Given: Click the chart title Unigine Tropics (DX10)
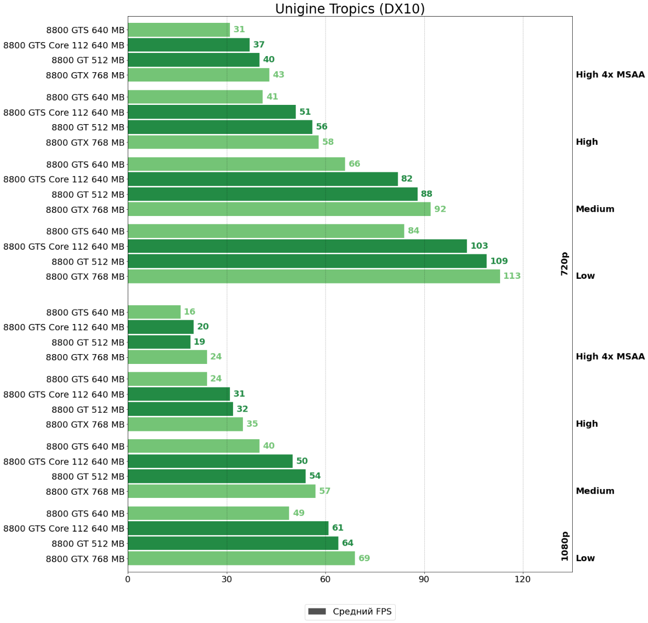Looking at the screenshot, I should point(349,9).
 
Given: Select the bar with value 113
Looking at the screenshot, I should point(314,276).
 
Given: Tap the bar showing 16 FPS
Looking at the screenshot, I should point(154,312).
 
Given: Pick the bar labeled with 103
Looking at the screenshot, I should point(297,246).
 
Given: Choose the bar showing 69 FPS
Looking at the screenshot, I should point(241,559).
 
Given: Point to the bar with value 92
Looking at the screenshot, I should point(279,209).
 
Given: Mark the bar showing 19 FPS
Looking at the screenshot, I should point(159,342).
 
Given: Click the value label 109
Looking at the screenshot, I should point(499,261).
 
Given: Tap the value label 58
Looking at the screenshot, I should point(328,142).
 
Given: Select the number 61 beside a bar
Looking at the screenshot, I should point(337,528).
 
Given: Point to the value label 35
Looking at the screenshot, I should point(252,424).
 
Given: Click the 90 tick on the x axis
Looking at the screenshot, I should point(424,579).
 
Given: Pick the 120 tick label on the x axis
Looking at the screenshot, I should point(523,579).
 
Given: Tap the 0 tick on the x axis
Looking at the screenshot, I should point(128,579).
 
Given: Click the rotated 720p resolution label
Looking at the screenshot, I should point(564,264).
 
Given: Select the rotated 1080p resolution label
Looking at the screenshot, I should point(564,546).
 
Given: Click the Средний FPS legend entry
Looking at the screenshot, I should point(349,612).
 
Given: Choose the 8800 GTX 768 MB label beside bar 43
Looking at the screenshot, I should point(85,75).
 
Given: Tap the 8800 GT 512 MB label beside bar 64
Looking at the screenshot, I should point(88,544).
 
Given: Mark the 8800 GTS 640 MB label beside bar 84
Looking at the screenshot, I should point(85,231).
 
